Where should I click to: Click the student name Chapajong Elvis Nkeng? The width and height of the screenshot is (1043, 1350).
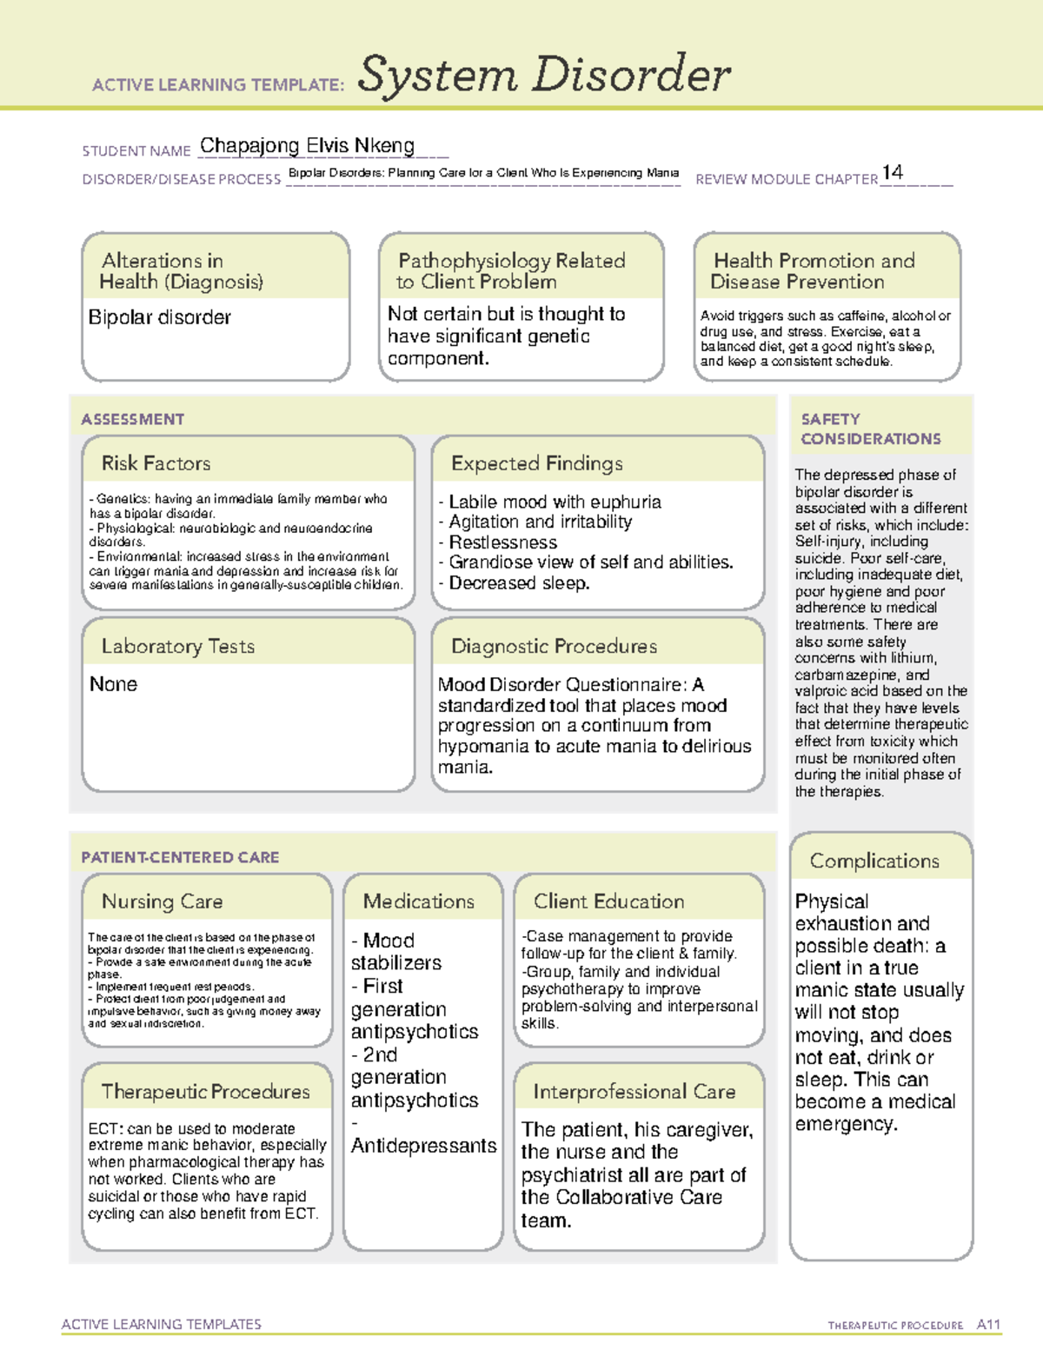pyautogui.click(x=307, y=146)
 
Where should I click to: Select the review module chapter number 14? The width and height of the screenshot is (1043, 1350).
pyautogui.click(x=892, y=173)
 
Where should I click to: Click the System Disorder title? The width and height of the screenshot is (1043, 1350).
pyautogui.click(x=544, y=75)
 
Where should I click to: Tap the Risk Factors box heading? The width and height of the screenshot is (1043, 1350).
pyautogui.click(x=156, y=463)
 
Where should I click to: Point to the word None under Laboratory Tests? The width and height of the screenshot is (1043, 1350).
pyautogui.click(x=114, y=684)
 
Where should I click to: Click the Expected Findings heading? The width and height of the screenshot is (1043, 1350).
pyautogui.click(x=537, y=463)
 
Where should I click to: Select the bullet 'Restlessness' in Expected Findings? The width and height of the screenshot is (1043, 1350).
pyautogui.click(x=502, y=542)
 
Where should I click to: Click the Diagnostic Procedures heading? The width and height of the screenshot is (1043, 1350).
pyautogui.click(x=554, y=646)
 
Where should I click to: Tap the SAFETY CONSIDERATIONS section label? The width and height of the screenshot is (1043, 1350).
pyautogui.click(x=870, y=429)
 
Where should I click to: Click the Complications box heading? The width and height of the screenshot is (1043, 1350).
pyautogui.click(x=874, y=861)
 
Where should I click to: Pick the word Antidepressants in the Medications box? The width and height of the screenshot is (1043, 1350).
pyautogui.click(x=424, y=1146)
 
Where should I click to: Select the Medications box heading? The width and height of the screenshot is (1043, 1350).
pyautogui.click(x=419, y=901)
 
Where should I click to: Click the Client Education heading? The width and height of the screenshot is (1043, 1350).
pyautogui.click(x=608, y=901)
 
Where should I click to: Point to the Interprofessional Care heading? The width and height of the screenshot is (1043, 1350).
pyautogui.click(x=634, y=1091)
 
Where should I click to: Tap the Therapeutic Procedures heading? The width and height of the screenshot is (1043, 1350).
pyautogui.click(x=206, y=1091)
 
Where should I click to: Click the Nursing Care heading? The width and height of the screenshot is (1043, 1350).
pyautogui.click(x=163, y=901)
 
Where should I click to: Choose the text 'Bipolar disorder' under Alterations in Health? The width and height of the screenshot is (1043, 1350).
pyautogui.click(x=160, y=317)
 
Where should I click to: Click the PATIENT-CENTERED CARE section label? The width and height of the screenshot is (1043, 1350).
pyautogui.click(x=181, y=857)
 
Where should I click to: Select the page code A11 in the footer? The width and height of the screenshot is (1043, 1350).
pyautogui.click(x=988, y=1324)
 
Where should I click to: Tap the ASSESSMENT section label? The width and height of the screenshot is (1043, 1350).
pyautogui.click(x=133, y=419)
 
